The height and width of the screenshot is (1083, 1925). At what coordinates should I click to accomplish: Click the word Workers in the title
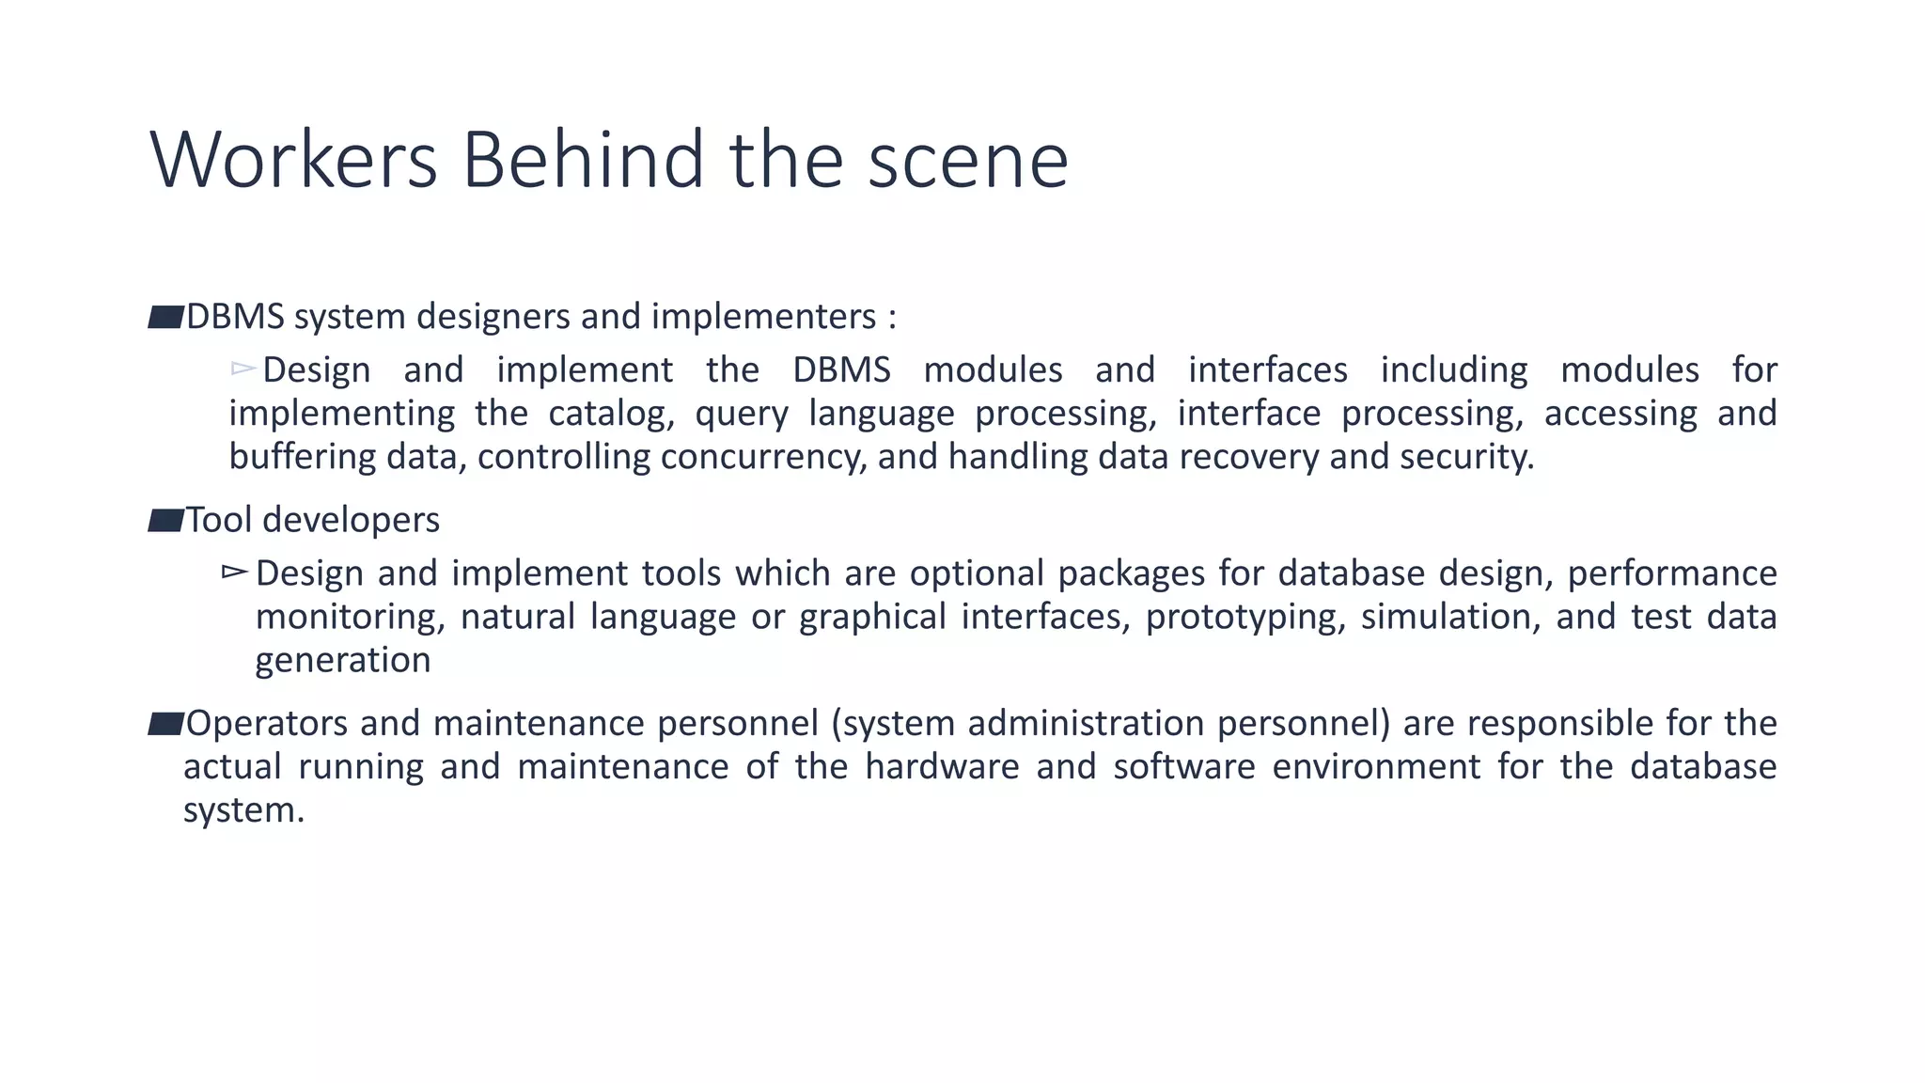293,160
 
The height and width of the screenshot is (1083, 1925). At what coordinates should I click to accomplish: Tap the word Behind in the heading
583,160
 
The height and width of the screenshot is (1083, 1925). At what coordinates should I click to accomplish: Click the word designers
494,317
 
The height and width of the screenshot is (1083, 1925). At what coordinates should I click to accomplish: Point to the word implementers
763,317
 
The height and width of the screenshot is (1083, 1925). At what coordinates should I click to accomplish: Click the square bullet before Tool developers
165,520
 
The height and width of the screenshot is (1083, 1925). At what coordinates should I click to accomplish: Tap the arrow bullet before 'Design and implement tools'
235,572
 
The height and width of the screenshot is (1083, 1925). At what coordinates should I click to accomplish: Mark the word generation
343,661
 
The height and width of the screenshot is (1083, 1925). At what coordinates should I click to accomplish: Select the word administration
1086,723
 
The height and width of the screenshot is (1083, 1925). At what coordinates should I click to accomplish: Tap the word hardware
942,767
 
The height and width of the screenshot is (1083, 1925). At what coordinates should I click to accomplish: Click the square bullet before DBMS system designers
165,317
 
